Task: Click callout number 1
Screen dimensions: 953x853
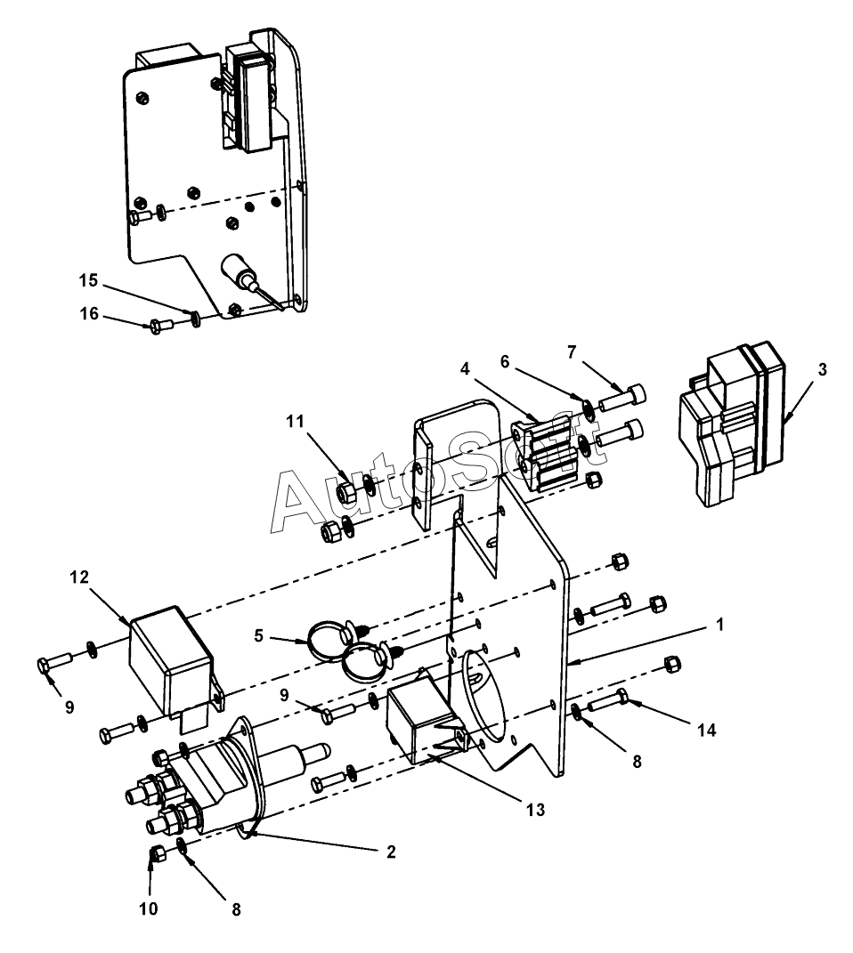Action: tap(719, 626)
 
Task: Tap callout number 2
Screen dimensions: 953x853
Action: tap(390, 852)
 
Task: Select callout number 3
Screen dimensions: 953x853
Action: tap(822, 370)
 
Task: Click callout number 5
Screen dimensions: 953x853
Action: tap(259, 636)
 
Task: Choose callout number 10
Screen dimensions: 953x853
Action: tap(149, 909)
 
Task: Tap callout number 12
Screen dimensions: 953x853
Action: tap(79, 578)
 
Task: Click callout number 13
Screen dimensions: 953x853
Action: tap(533, 810)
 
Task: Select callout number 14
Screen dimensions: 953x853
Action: tap(707, 730)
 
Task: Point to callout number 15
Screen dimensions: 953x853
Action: tap(87, 280)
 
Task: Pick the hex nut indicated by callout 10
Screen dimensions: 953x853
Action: tap(154, 853)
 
